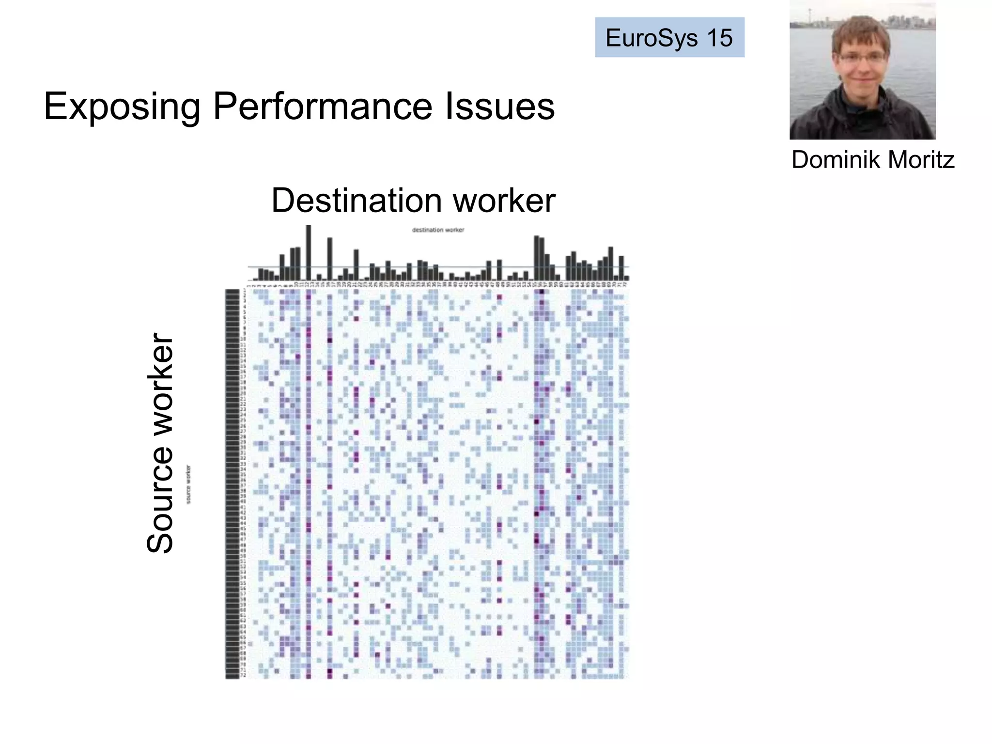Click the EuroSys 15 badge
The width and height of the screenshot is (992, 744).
click(669, 37)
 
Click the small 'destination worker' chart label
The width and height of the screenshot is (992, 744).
click(438, 230)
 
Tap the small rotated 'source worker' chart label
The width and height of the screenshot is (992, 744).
click(188, 484)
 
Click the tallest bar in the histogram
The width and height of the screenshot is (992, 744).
click(309, 252)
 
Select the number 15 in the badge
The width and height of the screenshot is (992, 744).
click(720, 38)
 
